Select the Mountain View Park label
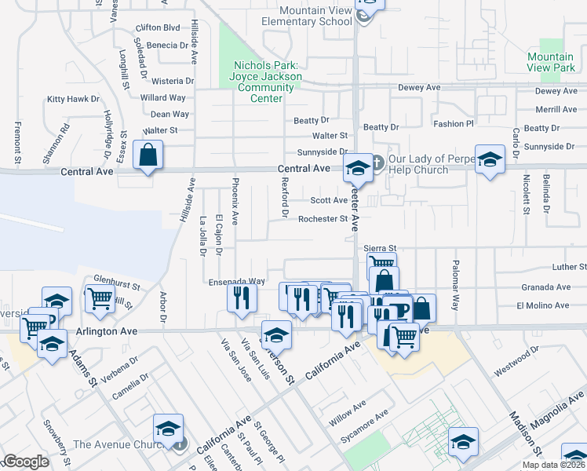(x=551, y=62)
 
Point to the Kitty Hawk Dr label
(x=73, y=99)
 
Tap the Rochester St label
(x=323, y=219)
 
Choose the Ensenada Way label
(x=236, y=280)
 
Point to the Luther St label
(x=569, y=267)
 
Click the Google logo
(x=25, y=462)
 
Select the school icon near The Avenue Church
(x=168, y=429)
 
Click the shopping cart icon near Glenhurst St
(x=100, y=299)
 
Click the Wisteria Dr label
(x=173, y=81)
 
